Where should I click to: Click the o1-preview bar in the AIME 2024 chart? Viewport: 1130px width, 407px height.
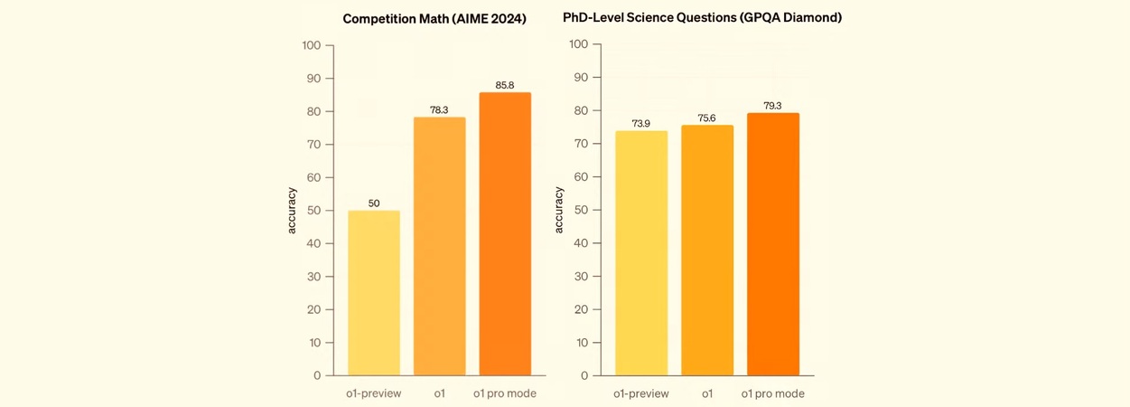tap(374, 293)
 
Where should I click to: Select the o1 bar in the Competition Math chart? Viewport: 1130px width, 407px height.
tap(440, 246)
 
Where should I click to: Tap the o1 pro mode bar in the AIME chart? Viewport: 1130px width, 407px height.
tap(505, 233)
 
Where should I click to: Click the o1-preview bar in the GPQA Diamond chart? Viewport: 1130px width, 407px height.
tap(641, 253)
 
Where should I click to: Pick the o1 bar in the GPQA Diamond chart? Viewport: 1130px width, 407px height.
tap(707, 251)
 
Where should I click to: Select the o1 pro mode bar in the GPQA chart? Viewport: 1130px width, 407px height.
tap(773, 244)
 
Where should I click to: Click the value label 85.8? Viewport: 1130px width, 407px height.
tap(505, 85)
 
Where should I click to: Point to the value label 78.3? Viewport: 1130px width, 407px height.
tap(440, 110)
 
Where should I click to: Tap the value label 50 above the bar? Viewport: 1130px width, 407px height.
tap(374, 203)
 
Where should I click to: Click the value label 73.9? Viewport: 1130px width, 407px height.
tap(641, 124)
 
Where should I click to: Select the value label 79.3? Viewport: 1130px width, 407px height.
tap(773, 106)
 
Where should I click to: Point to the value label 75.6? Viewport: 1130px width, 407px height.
tap(707, 118)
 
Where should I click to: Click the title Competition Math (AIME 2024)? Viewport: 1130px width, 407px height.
tap(434, 19)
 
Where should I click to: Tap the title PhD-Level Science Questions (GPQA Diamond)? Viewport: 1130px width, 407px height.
tap(702, 18)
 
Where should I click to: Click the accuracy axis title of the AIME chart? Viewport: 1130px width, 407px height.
tap(292, 210)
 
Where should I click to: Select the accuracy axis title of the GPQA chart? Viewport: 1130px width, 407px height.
tap(558, 210)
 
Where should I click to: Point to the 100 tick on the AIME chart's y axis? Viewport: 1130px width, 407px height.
tap(312, 45)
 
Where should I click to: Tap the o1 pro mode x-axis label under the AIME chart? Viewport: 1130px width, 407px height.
tap(505, 393)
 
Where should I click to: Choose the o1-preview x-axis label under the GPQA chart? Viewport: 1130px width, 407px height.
tap(641, 393)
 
